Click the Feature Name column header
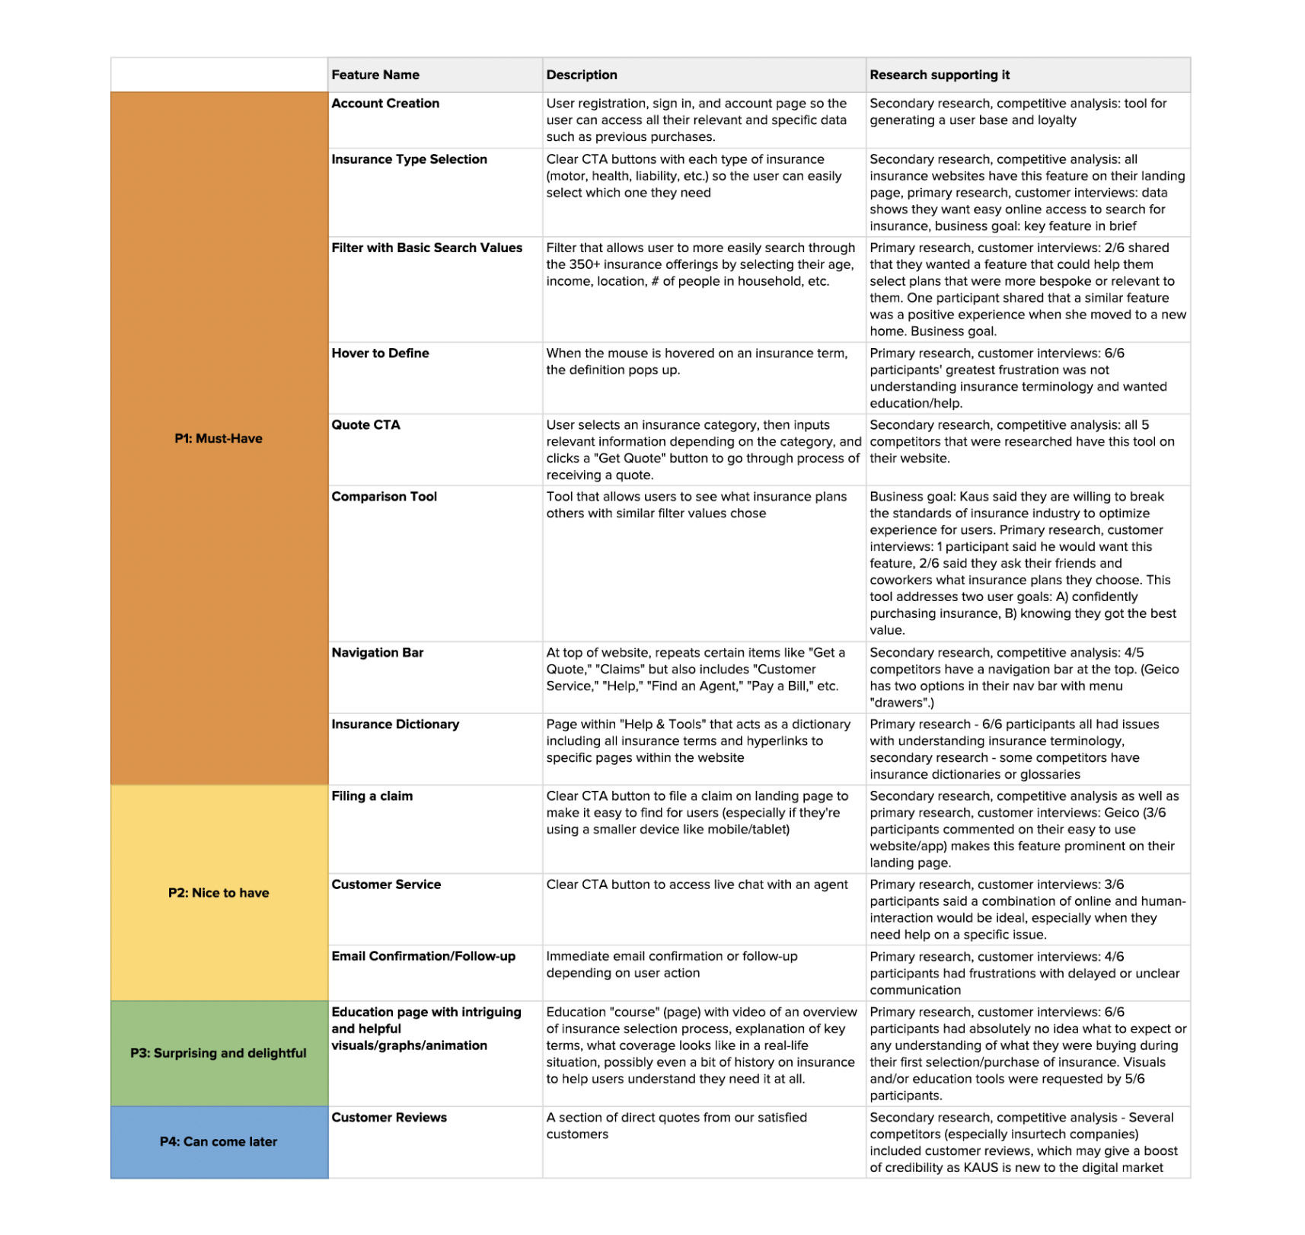[x=375, y=75]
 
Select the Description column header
[x=582, y=75]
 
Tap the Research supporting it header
[x=940, y=75]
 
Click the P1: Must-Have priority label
[x=219, y=438]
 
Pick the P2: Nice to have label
[x=219, y=893]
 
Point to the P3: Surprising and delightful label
[x=219, y=1053]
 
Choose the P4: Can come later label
[x=219, y=1141]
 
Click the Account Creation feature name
[x=385, y=104]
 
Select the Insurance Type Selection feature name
[x=409, y=159]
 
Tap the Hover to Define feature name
[x=380, y=354]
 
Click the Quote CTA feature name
[x=365, y=425]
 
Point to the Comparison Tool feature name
[x=384, y=497]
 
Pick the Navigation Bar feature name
[x=377, y=653]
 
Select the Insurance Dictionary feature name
[x=395, y=725]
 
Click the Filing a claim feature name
[x=372, y=796]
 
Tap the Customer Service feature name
[x=386, y=885]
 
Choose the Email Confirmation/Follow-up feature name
[x=423, y=956]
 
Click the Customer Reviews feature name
[x=389, y=1118]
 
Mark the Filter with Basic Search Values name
[x=426, y=248]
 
